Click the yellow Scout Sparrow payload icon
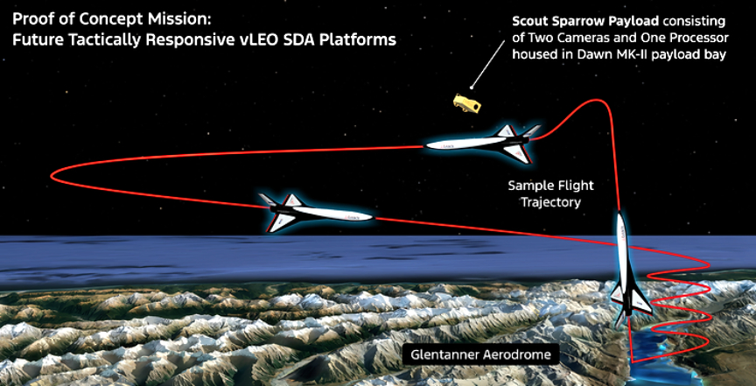(x=466, y=102)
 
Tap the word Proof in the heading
(x=32, y=18)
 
